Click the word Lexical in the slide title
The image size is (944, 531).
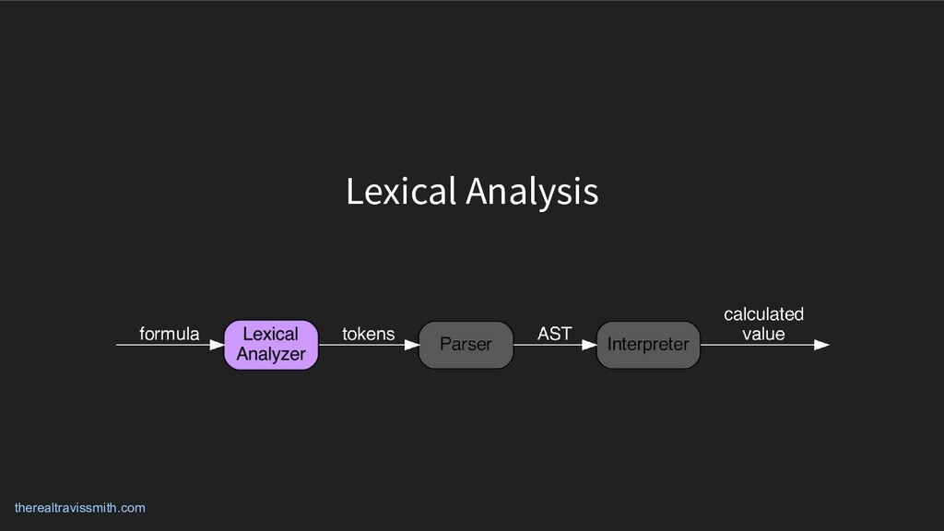401,192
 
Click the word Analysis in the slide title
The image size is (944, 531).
532,193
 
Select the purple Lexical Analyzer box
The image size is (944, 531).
271,345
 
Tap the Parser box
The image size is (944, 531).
466,345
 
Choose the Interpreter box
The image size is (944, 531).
648,345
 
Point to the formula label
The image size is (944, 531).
169,334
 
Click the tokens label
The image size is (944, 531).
368,334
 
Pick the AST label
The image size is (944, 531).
554,334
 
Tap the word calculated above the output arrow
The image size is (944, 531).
763,314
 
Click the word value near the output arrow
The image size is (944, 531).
763,334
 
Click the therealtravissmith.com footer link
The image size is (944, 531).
80,508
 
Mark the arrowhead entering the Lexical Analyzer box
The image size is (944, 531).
217,346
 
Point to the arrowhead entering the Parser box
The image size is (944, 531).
411,346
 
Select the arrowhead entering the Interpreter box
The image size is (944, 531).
589,346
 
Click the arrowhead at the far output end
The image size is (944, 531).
821,346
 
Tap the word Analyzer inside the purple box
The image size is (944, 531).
271,354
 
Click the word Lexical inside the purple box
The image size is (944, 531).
271,334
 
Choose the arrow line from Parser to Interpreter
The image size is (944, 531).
549,346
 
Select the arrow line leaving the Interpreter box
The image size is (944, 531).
756,346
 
